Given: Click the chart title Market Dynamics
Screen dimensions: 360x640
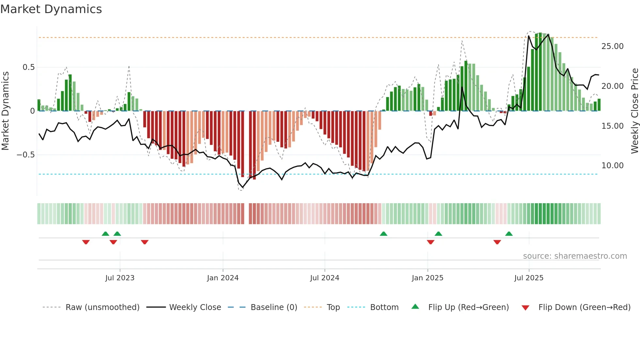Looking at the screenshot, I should (51, 9).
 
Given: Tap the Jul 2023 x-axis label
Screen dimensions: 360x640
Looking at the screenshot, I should (120, 278).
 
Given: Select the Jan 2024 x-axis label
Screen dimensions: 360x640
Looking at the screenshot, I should (223, 278).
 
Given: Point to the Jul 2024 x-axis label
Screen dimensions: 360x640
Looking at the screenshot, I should (325, 278).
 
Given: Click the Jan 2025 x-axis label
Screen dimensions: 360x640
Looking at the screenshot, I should (427, 278).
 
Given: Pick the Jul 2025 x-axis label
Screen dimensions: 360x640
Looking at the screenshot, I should (529, 278).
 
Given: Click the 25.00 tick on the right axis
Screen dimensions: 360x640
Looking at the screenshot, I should (612, 46).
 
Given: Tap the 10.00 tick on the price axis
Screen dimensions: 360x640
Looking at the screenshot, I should (612, 166).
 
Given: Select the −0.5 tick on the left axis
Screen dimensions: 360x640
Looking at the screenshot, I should (26, 155).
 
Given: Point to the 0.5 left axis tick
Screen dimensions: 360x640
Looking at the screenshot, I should (28, 67).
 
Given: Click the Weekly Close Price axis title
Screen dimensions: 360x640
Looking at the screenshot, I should (634, 111).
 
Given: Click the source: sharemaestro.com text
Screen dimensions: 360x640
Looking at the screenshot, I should (575, 256).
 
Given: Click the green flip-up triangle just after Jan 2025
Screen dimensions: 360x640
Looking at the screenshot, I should (439, 234).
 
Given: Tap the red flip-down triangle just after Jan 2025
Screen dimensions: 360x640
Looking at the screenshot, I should (430, 242).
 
